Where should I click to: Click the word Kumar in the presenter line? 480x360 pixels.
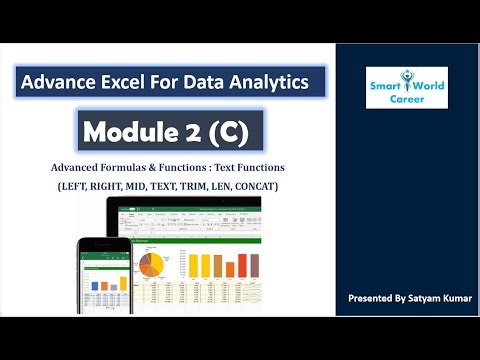pos(455,299)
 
